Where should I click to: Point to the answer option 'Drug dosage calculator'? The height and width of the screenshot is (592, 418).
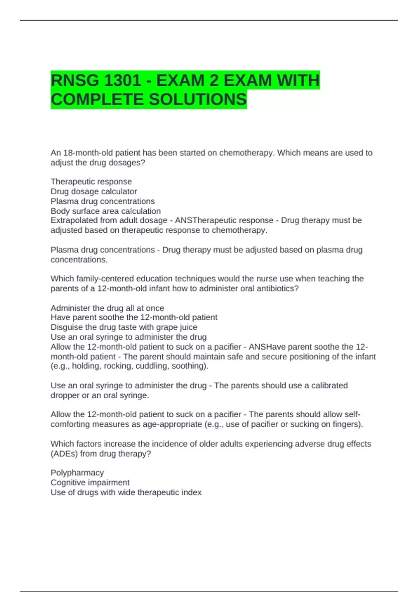click(94, 192)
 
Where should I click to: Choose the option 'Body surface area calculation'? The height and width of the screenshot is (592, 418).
click(106, 211)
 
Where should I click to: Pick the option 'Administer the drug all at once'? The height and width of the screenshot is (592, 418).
click(107, 308)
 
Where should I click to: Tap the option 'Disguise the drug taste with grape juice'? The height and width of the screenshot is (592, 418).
click(124, 327)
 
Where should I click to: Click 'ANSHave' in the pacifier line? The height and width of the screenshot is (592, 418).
click(265, 347)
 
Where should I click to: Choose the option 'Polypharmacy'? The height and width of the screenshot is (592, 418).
click(77, 473)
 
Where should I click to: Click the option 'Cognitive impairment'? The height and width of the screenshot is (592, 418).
click(90, 482)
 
